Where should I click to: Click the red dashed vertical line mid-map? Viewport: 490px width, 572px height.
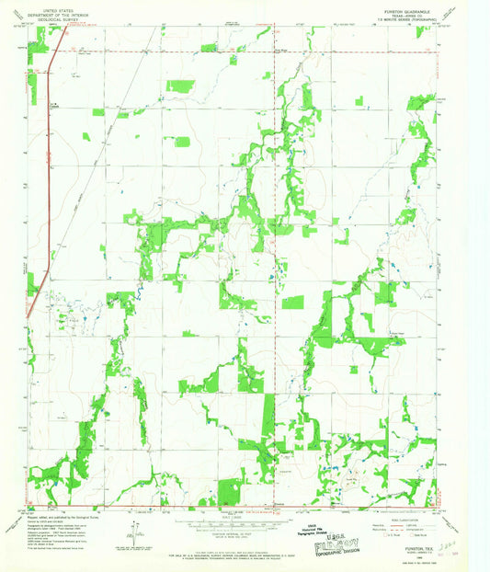tap(279, 276)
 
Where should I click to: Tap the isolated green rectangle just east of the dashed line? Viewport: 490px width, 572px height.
tap(292, 302)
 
